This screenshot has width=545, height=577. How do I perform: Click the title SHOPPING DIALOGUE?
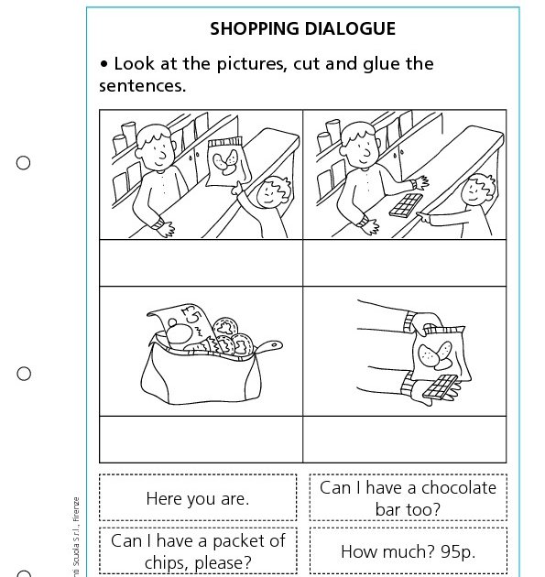click(x=302, y=28)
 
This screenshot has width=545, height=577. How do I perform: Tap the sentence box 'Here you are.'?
click(x=197, y=499)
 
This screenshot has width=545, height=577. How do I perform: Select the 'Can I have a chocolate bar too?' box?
click(x=408, y=497)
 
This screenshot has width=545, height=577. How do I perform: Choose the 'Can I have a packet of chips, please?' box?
click(x=197, y=550)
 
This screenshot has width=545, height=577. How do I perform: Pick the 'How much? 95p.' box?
click(x=408, y=551)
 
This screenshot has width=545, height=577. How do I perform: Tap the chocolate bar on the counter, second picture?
click(x=404, y=205)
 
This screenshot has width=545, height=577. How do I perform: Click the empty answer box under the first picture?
click(x=201, y=263)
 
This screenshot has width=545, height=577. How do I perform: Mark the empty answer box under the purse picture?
click(x=201, y=439)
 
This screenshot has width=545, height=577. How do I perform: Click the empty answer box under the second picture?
click(x=404, y=263)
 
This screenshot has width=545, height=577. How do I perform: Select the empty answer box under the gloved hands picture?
click(x=404, y=439)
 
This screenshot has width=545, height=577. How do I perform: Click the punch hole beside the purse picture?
click(x=24, y=374)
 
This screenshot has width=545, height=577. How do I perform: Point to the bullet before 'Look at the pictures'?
click(x=104, y=65)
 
